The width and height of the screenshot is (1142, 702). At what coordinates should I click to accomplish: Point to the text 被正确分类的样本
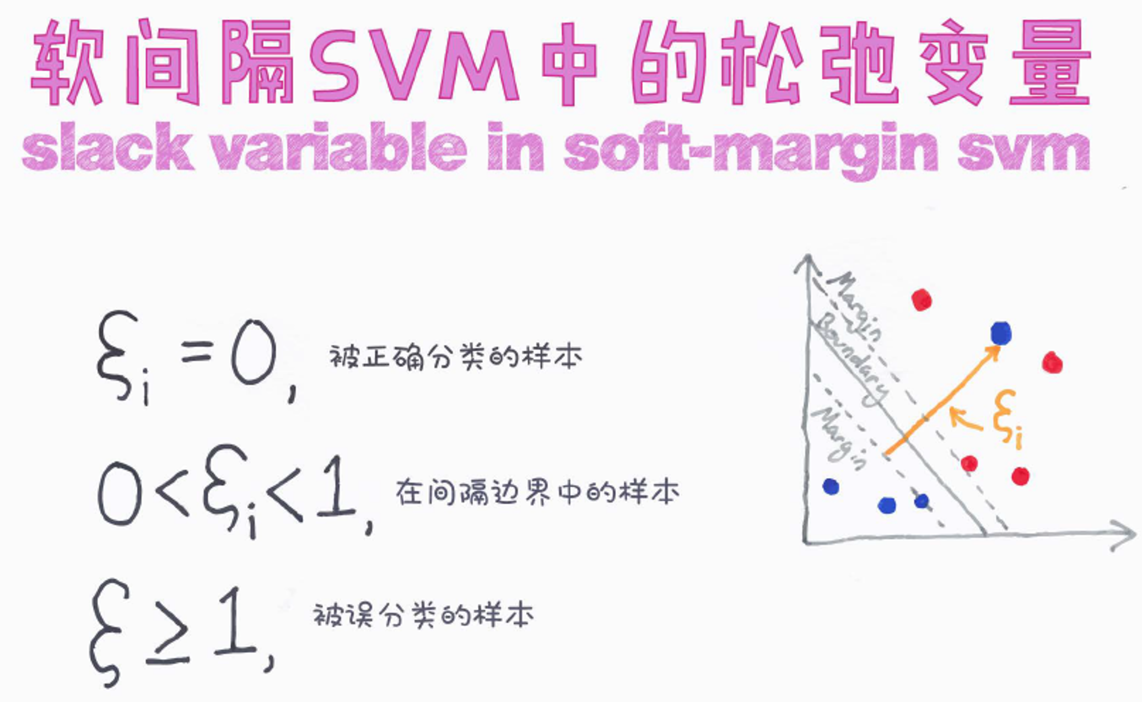point(456,357)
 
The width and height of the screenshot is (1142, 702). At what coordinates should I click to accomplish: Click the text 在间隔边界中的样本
point(537,492)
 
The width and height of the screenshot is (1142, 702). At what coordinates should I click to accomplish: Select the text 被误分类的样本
point(423,615)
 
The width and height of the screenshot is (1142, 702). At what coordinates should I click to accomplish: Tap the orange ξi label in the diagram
point(1007,419)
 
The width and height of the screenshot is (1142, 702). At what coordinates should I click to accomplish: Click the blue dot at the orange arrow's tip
point(1001,333)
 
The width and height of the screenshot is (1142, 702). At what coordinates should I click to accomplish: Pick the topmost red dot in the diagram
point(922,300)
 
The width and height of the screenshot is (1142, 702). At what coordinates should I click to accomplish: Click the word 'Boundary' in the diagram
point(853,361)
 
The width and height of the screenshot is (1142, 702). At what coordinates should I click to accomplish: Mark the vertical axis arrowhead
point(807,264)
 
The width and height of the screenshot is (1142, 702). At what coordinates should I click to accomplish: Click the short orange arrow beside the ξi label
point(966,418)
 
